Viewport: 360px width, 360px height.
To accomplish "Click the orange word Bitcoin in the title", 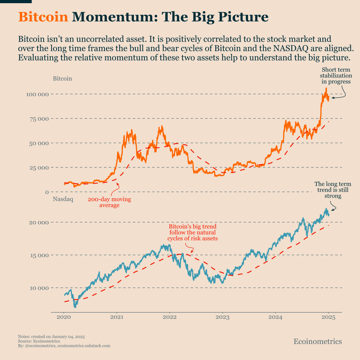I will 43,17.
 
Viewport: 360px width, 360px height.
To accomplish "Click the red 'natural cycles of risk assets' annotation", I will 193,232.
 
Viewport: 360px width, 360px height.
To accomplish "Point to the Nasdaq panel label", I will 63,199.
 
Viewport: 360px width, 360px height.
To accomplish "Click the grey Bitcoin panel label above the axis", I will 62,78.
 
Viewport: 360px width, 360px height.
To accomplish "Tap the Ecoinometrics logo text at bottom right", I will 317,341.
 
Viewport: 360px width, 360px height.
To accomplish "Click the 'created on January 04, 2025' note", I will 51,336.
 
